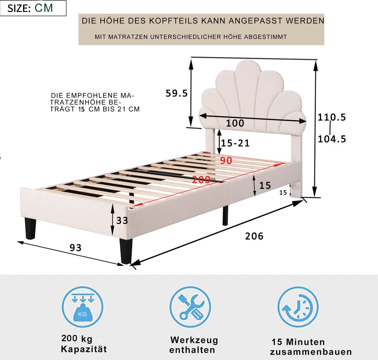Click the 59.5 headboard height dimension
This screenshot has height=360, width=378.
point(177,93)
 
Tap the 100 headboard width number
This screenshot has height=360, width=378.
point(235,124)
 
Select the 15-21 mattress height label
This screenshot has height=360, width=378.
point(235,143)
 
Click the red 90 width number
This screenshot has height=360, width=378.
point(226,161)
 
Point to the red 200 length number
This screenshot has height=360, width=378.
point(201,179)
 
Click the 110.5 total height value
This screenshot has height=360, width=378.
point(332,117)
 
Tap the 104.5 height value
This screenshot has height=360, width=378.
point(332,139)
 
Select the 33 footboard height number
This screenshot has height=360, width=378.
point(122,221)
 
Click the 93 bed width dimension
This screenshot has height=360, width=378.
point(76,248)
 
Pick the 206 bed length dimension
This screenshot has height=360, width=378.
point(254,236)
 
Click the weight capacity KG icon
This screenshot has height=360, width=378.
point(83,307)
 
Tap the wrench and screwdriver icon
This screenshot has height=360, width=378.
point(190,307)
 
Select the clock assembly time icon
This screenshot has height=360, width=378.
point(298,307)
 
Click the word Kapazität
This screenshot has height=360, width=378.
point(84,349)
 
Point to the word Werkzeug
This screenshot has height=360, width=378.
point(194,340)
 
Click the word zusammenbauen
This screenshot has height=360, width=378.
point(311,352)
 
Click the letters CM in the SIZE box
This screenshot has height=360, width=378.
point(43,8)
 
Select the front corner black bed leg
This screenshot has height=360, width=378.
point(126,251)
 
